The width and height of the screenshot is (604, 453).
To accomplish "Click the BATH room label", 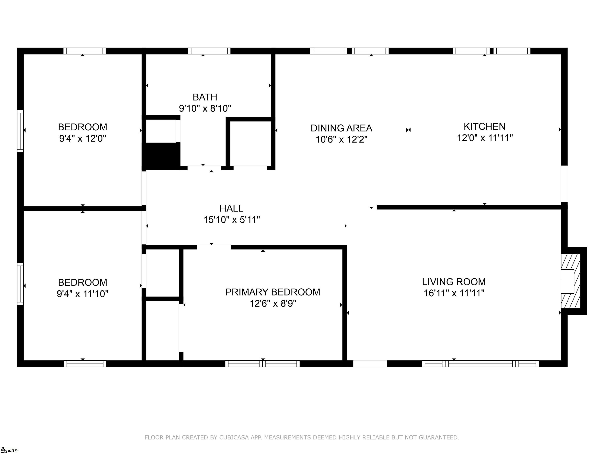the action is pos(205,97).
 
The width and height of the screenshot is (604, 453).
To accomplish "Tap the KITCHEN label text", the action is pos(484,126).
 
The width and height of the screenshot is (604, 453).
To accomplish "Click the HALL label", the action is pos(231,208).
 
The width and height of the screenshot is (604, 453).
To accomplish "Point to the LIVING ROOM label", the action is pos(454,282).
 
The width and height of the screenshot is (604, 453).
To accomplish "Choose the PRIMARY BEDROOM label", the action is pos(273,292).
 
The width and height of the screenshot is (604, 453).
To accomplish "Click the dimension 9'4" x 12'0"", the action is pos(82,138).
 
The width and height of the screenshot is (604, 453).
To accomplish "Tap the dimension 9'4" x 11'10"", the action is pos(82,294).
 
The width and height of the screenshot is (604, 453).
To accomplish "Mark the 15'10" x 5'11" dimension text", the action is pos(232,220).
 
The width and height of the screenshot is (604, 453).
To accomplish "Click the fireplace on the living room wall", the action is pos(573,281).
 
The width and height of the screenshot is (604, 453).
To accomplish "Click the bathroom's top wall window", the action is pos(209,51).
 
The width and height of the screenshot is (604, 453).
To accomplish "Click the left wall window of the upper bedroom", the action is pos(20,131).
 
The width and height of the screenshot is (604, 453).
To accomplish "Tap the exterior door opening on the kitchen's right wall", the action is pos(564,184).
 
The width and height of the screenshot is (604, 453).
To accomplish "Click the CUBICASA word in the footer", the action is pos(234,437).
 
